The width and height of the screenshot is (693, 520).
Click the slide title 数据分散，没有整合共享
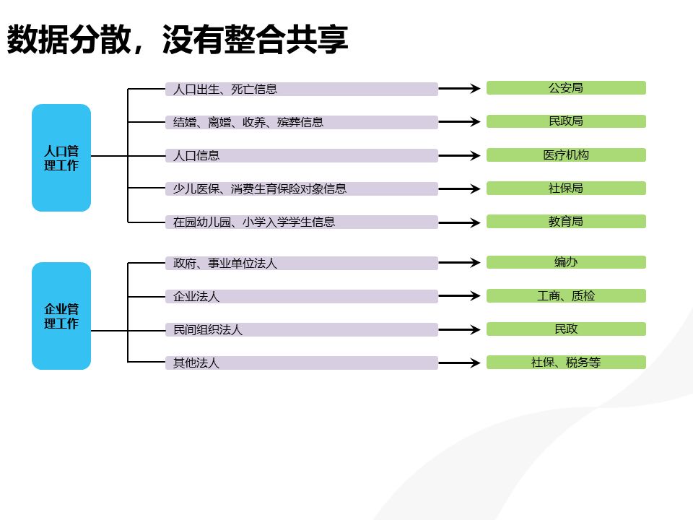click(x=178, y=40)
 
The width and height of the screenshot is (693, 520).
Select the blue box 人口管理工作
click(x=61, y=158)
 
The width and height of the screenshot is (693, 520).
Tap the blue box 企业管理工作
click(x=61, y=316)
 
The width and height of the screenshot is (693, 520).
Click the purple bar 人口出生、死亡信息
click(x=301, y=90)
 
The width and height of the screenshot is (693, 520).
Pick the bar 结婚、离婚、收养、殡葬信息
click(x=301, y=123)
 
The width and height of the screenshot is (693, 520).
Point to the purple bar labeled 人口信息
click(x=301, y=156)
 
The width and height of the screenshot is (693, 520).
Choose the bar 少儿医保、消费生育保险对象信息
click(x=301, y=189)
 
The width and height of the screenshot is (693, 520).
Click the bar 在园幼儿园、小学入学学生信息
click(x=301, y=222)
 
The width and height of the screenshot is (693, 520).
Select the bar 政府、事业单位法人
click(x=301, y=264)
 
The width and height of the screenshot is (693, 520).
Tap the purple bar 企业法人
click(x=301, y=297)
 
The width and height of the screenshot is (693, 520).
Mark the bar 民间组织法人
click(x=301, y=330)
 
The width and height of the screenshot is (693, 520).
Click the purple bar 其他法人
click(x=301, y=363)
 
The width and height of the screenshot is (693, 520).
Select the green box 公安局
click(x=566, y=88)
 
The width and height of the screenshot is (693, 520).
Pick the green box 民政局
click(x=566, y=121)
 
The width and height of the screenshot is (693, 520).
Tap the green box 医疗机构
click(x=566, y=155)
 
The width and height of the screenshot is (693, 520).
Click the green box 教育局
click(x=566, y=222)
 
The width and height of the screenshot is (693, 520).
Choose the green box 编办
click(x=566, y=262)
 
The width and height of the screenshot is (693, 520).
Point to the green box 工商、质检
click(x=566, y=295)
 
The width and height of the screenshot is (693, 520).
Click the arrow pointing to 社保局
click(x=460, y=189)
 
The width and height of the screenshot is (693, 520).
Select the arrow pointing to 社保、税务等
click(x=460, y=363)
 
